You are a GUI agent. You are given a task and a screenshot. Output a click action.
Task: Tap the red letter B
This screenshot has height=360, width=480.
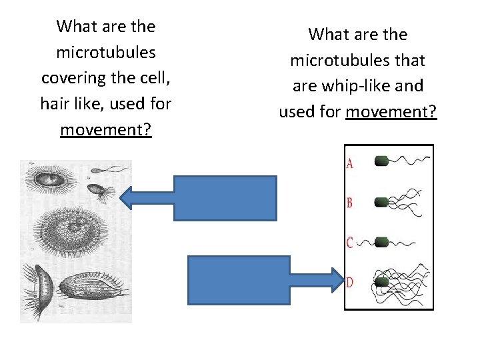pos(350,202)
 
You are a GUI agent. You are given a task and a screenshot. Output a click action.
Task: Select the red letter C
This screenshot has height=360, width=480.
pos(350,242)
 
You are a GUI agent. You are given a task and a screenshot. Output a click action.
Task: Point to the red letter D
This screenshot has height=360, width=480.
pos(350,283)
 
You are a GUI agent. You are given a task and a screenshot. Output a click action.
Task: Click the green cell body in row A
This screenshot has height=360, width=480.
pos(382,161)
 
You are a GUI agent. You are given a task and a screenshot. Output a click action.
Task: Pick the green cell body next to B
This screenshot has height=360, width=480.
pos(382,202)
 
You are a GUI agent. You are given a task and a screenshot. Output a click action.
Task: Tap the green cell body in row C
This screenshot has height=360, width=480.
pos(382,241)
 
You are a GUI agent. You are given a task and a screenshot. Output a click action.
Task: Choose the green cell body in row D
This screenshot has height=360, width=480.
pos(381,282)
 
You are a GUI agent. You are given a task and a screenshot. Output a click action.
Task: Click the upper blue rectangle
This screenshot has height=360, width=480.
pos(225,198)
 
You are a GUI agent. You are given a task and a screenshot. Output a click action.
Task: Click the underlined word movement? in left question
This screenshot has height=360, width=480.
pos(106,129)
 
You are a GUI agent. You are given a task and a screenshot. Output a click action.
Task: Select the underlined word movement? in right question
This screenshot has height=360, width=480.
pos(391,111)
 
